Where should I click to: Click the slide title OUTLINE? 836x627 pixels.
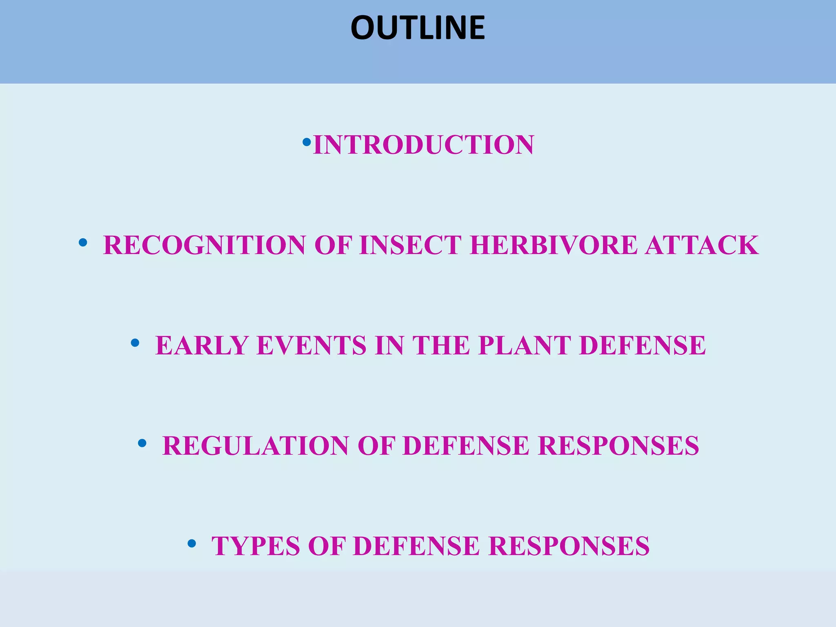(x=418, y=28)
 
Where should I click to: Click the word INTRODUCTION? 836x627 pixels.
(x=423, y=145)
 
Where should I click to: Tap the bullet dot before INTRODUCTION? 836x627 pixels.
(x=307, y=142)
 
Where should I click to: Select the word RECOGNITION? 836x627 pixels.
(x=204, y=245)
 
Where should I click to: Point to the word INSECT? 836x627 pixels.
(x=410, y=245)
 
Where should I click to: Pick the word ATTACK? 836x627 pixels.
(x=701, y=245)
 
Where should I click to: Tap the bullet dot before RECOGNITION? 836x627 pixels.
(x=83, y=243)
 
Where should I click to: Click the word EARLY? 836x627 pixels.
(x=202, y=346)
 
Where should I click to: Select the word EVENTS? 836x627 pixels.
(x=311, y=346)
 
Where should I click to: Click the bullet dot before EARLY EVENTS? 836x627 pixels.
(x=135, y=343)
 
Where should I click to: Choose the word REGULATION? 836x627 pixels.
(x=255, y=446)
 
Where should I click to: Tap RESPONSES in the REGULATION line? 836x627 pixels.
(x=618, y=446)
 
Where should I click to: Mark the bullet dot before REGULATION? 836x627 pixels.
(x=142, y=443)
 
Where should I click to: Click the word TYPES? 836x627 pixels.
(x=255, y=546)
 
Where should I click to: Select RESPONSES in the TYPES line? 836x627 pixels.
(x=569, y=546)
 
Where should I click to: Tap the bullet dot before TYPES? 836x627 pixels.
(x=192, y=544)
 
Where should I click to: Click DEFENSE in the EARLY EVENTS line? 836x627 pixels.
(x=642, y=346)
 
